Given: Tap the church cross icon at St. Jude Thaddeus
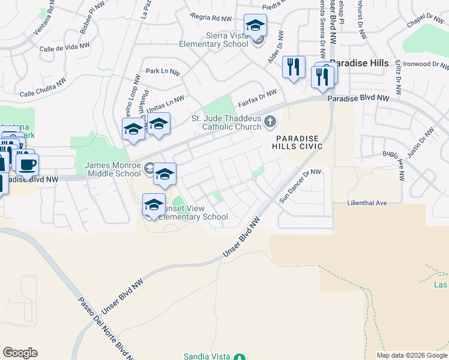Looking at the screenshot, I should coord(270,122).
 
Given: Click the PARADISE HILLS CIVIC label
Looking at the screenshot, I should coord(298,142).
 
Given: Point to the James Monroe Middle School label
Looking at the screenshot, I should coord(113,169).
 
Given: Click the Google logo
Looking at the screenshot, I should coord(20,353).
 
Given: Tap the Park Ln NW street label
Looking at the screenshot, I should coord(162,71).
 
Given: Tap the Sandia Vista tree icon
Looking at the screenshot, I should coord(239,356).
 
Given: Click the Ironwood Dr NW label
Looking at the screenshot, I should coord(426,64).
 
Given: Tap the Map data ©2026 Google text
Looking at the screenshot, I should coord(412,355).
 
